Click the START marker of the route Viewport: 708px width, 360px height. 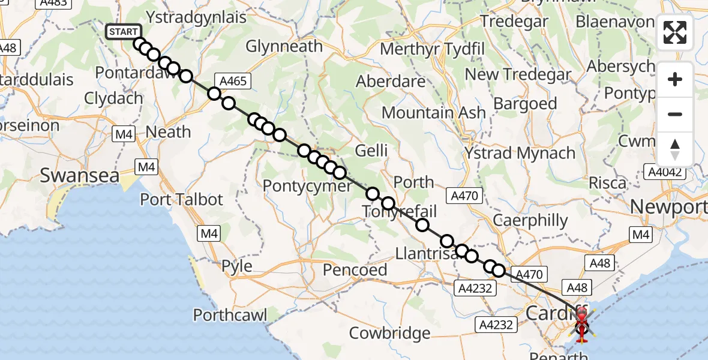tap(123, 32)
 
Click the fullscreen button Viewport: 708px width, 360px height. tap(675, 32)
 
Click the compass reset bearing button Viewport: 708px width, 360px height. tap(675, 149)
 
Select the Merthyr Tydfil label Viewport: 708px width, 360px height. tap(427, 49)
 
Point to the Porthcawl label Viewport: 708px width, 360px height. tap(230, 314)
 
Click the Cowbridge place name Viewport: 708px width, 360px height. tap(390, 332)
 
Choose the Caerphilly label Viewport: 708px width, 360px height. tap(529, 220)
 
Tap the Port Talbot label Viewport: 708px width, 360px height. tap(181, 199)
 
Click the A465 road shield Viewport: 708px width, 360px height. tap(233, 81)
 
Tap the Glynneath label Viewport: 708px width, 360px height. tap(284, 46)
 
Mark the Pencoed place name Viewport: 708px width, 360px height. tap(355, 269)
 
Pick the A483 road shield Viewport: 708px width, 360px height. tap(52, 3)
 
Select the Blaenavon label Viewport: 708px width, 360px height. tap(614, 22)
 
